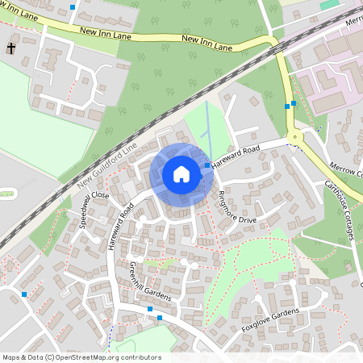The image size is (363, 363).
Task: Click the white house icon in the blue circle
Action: tap(181, 174)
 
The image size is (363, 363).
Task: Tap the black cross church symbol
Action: tap(11, 49)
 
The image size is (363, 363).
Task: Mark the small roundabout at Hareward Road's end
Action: tap(296, 138)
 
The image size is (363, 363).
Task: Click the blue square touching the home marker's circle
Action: tap(207, 165)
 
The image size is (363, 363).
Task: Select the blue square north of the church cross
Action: tap(73, 6)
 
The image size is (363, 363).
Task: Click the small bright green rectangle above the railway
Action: tap(328, 5)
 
